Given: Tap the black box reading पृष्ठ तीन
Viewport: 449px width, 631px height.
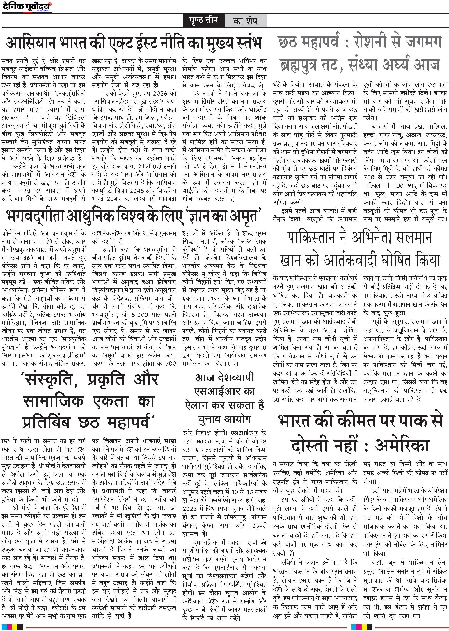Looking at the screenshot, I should (204, 20).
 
